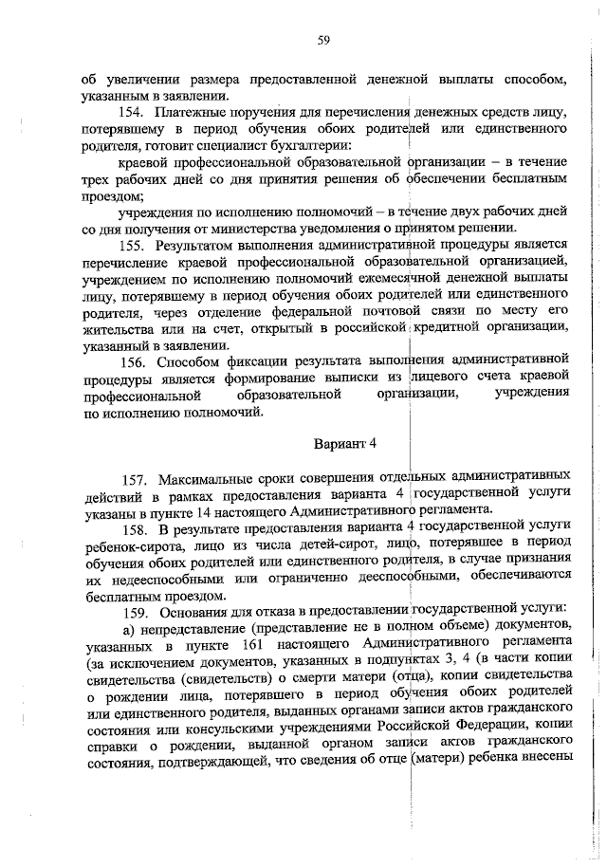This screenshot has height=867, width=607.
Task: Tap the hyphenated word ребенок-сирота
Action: tap(130, 544)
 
